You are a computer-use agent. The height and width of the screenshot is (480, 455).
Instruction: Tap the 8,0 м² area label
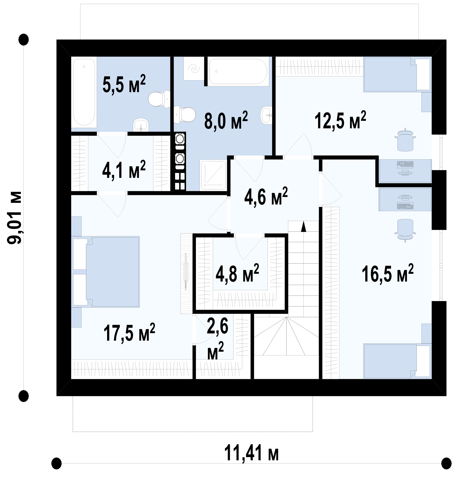226,120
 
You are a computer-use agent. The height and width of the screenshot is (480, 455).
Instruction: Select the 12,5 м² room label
340,120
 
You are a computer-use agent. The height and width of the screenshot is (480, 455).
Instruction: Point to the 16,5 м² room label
388,273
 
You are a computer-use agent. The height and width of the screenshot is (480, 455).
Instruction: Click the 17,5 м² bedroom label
129,333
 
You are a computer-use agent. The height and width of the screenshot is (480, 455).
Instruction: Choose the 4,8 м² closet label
237,273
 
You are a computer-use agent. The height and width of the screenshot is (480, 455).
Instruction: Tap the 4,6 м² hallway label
266,196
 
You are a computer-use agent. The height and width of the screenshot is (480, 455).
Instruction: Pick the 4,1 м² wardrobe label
124,169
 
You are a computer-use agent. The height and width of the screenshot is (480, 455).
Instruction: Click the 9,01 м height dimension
14,218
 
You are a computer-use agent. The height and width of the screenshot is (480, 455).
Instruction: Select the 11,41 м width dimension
252,453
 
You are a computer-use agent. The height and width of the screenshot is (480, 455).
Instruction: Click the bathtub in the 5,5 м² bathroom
84,92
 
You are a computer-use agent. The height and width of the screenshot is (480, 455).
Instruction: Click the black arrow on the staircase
303,227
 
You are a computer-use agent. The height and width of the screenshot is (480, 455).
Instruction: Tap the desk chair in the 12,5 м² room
405,140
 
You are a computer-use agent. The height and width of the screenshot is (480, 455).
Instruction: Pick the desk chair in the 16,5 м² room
405,230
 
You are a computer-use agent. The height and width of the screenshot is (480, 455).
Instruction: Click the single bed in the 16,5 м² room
397,361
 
